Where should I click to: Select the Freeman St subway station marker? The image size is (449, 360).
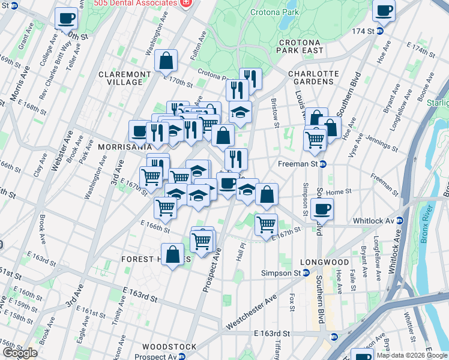pos(322,163)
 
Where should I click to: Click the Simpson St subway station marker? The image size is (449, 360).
pos(306,273)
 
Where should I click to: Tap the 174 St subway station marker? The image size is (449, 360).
pos(380,31)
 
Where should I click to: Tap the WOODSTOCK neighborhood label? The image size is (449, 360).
pos(169,347)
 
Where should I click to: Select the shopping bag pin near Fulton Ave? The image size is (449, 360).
pos(166,60)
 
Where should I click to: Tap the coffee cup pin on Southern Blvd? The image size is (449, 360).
pos(322,209)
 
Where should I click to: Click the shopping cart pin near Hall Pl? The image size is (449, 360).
pos(266,224)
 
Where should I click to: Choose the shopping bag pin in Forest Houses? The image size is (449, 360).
pos(173,254)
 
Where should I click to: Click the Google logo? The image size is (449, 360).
pos(20,353)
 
